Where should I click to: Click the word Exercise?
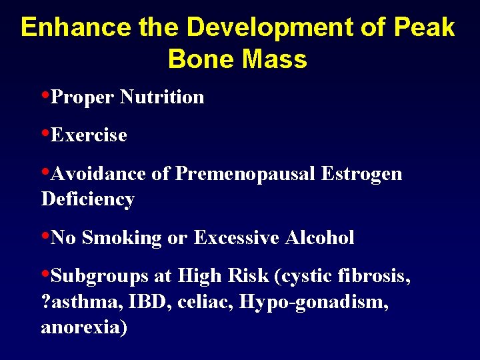tap(89, 135)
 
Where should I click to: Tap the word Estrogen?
tap(361, 174)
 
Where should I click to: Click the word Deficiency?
tap(87, 199)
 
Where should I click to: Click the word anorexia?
tap(84, 327)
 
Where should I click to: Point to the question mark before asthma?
tap(45, 302)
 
